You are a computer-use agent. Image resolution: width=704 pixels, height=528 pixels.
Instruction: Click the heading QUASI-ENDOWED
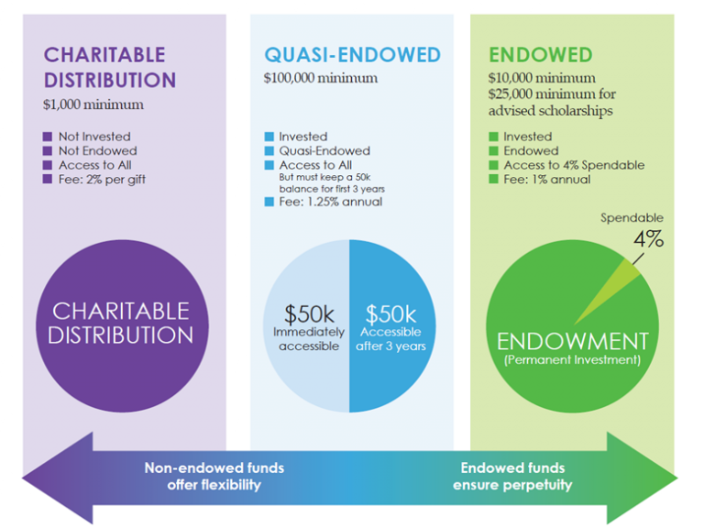[x=352, y=55]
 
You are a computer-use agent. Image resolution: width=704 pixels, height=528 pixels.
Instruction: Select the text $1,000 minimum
[x=93, y=104]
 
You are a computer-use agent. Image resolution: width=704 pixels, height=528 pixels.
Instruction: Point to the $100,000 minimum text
[x=320, y=78]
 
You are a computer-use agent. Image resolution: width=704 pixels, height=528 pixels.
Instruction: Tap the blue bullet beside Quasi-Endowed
[x=269, y=151]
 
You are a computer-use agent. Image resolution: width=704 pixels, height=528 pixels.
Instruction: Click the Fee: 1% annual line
[x=546, y=180]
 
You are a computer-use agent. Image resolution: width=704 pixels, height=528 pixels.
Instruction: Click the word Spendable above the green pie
[x=632, y=218]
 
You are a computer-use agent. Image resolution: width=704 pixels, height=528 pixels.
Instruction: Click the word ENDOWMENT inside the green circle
[x=572, y=341]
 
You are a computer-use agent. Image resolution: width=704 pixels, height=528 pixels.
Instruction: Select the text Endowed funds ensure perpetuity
[x=511, y=476]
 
